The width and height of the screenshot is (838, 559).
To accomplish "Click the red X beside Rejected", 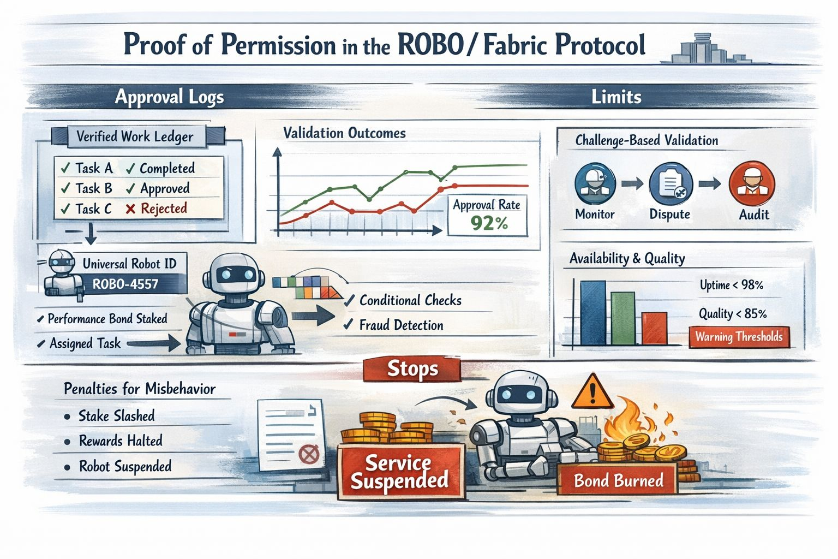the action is click(130, 209).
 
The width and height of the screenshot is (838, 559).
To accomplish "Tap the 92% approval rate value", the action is click(489, 223).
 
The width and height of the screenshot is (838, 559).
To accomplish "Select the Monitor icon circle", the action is click(595, 184).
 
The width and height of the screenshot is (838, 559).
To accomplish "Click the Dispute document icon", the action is click(671, 184).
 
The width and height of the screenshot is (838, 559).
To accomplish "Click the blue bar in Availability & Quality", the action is click(592, 313).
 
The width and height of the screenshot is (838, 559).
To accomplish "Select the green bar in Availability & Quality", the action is click(622, 318).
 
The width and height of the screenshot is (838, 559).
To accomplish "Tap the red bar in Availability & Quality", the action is click(654, 328).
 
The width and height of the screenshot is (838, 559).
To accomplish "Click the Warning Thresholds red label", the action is click(739, 337).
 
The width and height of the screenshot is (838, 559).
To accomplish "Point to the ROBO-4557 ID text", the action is click(125, 284).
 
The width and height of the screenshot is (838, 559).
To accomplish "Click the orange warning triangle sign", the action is click(592, 392).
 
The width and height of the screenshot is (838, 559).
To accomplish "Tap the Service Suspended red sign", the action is click(400, 472).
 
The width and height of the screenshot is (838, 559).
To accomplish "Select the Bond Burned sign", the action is click(618, 480).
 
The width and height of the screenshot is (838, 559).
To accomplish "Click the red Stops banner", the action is click(412, 370).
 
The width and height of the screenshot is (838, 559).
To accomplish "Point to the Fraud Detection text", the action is click(401, 325).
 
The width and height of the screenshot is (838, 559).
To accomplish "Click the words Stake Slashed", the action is click(116, 416).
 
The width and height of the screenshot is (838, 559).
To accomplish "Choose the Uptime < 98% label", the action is click(731, 285).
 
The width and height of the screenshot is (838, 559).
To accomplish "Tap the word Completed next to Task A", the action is click(167, 168).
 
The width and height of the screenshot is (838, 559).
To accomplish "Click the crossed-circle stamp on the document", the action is click(309, 454).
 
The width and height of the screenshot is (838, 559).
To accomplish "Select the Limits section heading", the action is click(616, 97).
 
